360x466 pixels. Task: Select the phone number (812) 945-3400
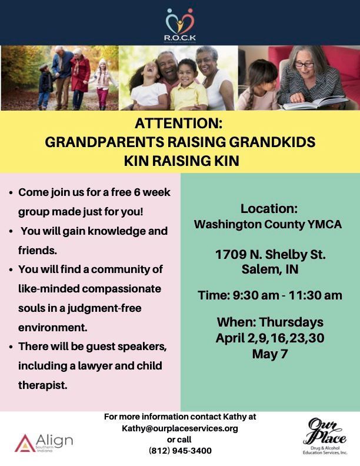(x=180, y=451)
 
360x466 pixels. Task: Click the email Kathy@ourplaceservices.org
(x=180, y=428)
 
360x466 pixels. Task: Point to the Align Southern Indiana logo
(x=44, y=442)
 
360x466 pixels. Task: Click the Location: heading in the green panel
(x=270, y=209)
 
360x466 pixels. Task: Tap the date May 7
(x=270, y=354)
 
